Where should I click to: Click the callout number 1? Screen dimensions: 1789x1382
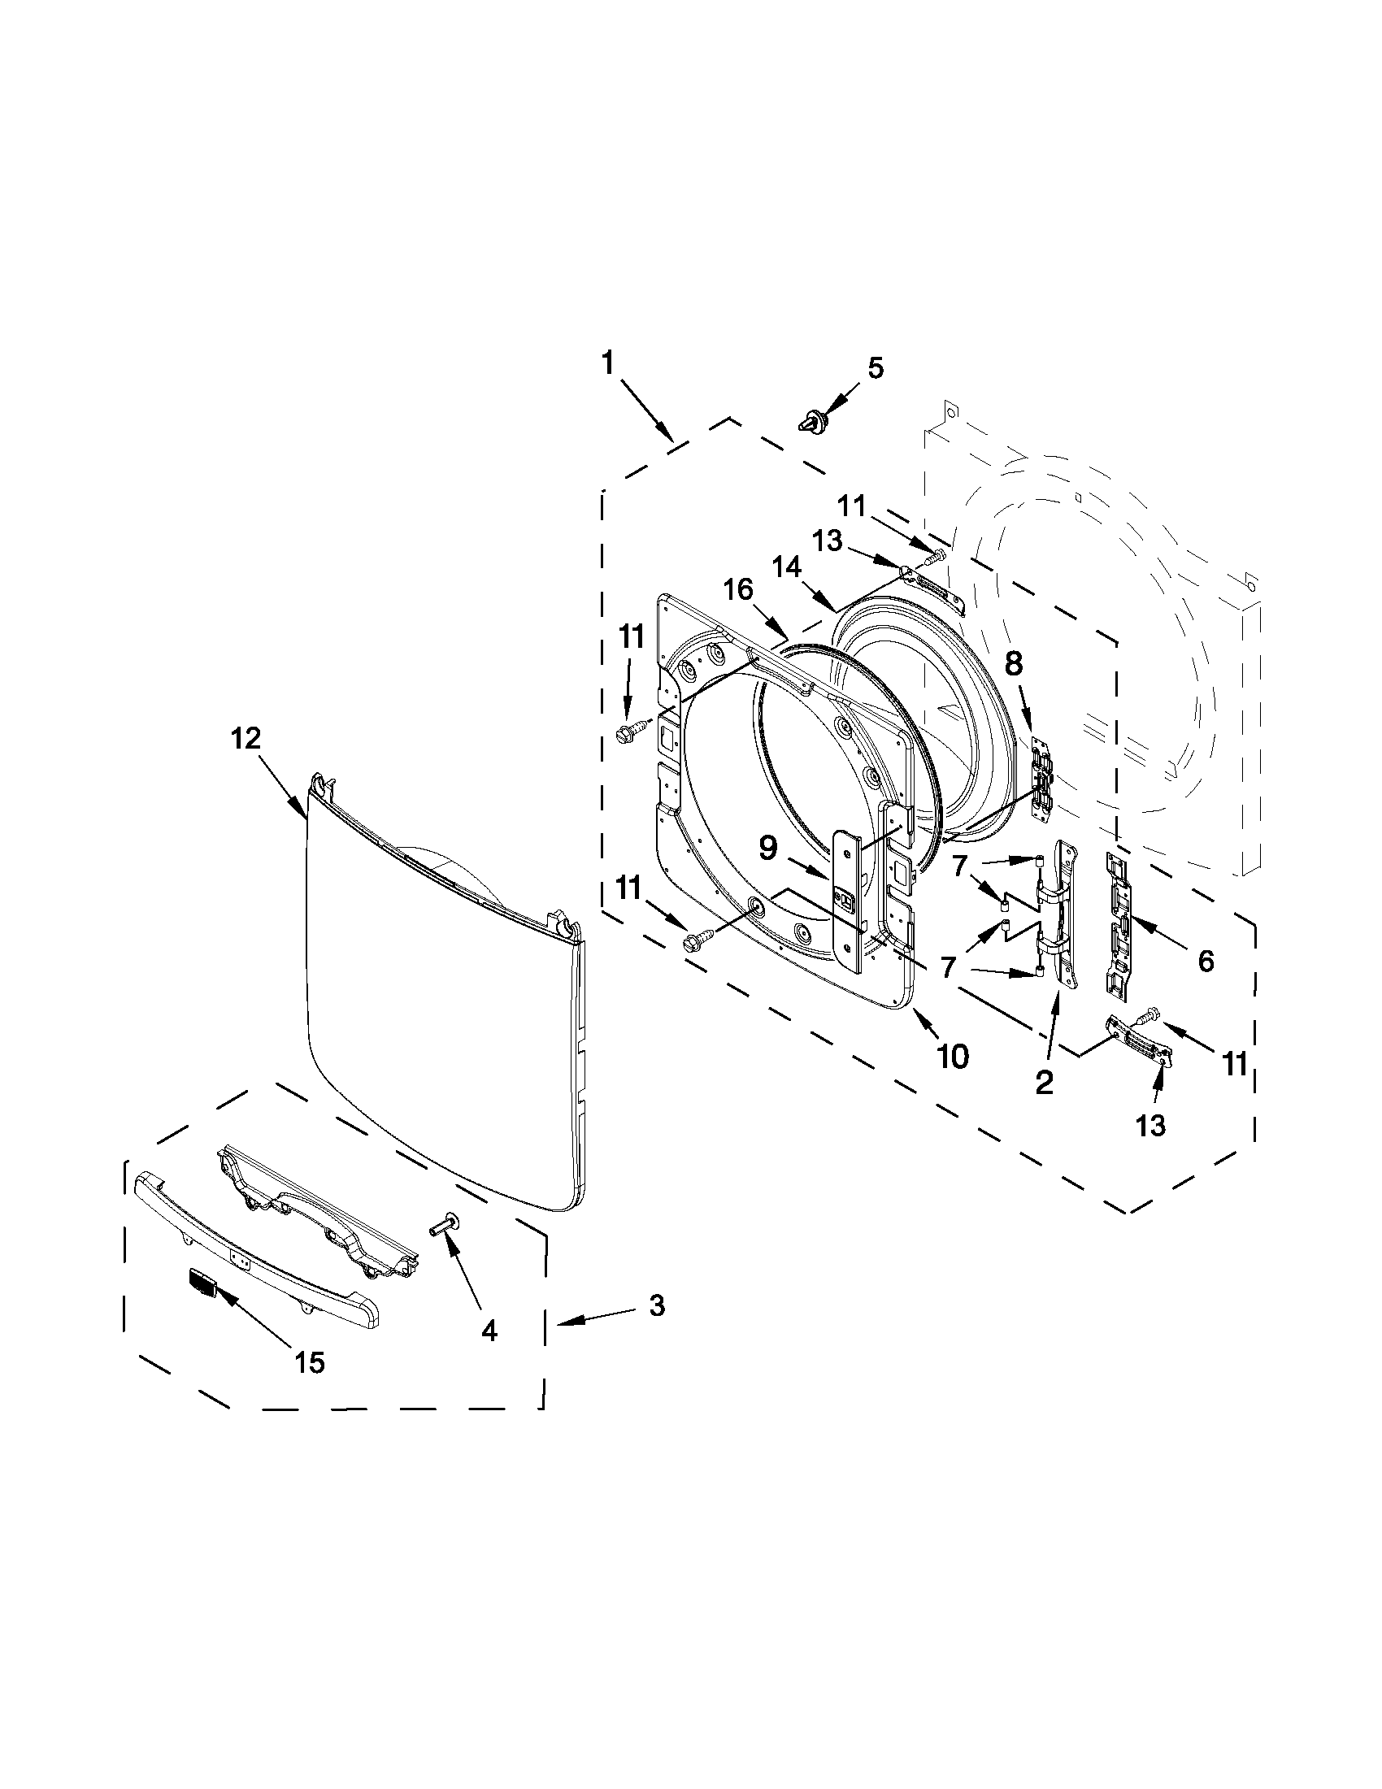[607, 363]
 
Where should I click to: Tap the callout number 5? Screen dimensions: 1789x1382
[876, 369]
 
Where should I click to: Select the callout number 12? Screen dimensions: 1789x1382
[246, 739]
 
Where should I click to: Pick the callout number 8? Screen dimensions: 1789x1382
[1014, 663]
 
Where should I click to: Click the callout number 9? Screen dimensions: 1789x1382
[767, 849]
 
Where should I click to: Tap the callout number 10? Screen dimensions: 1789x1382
[952, 1057]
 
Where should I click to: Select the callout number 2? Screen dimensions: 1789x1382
[1045, 1083]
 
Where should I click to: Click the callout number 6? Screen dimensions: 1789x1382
[1206, 961]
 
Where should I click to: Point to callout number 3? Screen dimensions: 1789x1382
[657, 1305]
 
